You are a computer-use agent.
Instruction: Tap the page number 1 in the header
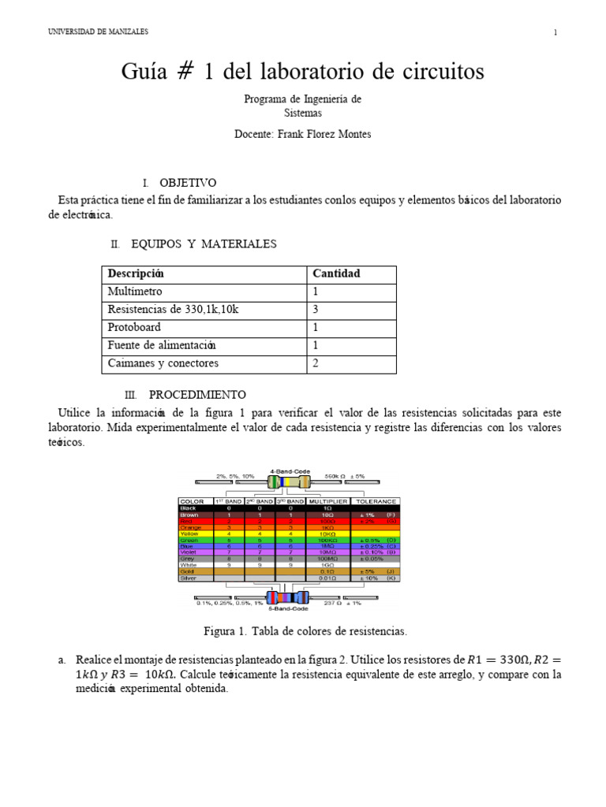point(555,32)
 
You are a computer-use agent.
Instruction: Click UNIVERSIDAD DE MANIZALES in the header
point(98,32)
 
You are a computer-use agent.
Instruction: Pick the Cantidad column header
point(336,273)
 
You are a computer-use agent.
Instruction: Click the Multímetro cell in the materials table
point(135,292)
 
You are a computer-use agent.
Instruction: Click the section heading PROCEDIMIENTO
point(197,394)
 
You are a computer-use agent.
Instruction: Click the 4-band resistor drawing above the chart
point(288,482)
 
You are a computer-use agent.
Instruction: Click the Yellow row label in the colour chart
point(190,534)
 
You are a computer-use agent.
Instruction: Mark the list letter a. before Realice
point(62,660)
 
